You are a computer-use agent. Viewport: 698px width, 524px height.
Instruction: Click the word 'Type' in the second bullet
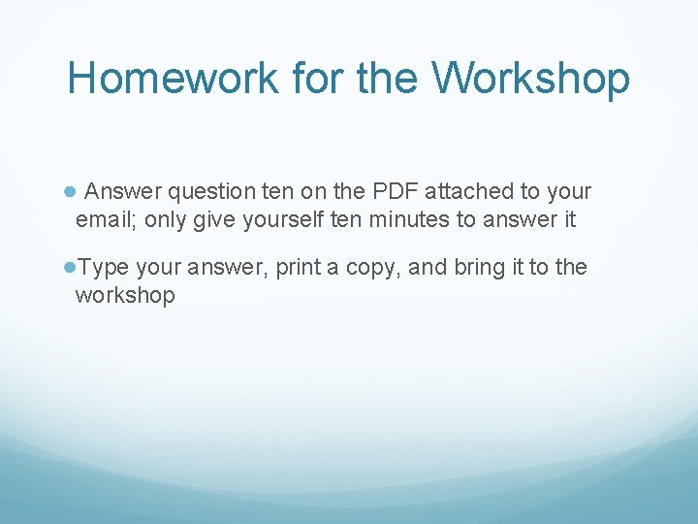pos(102,268)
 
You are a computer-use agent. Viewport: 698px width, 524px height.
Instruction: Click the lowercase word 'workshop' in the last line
pos(125,295)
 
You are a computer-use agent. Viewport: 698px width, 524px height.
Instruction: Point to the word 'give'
pos(214,220)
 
